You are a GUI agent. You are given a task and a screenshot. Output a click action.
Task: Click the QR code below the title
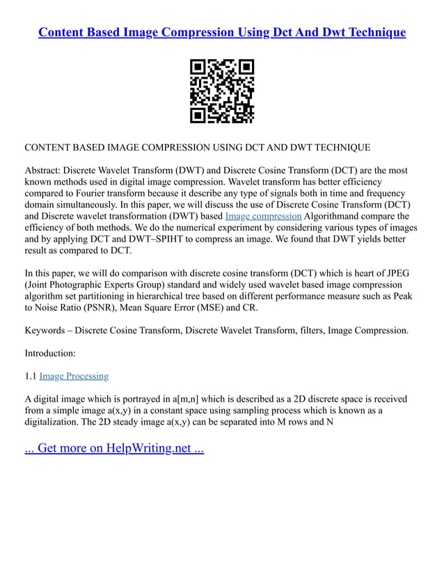pyautogui.click(x=222, y=91)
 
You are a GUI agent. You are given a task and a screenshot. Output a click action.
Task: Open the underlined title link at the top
pyautogui.click(x=222, y=33)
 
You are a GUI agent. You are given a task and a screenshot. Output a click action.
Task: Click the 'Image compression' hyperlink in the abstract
pyautogui.click(x=263, y=216)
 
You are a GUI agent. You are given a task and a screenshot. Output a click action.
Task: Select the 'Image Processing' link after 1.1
pyautogui.click(x=74, y=376)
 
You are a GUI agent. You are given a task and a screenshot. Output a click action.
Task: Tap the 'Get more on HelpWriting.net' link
pyautogui.click(x=114, y=448)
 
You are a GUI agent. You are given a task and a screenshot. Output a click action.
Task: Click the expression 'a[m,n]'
pyautogui.click(x=177, y=399)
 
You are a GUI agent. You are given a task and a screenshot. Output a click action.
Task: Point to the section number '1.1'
pyautogui.click(x=31, y=376)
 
